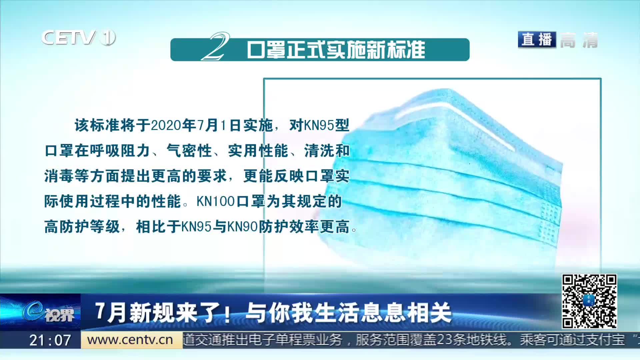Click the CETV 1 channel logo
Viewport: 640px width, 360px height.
coord(79,37)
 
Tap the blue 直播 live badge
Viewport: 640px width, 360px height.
coord(537,40)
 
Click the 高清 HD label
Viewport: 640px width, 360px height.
coord(579,40)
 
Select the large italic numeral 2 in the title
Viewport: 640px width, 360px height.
coord(216,46)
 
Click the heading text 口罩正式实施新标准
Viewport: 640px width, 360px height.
coord(336,50)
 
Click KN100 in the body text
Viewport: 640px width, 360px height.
coord(216,202)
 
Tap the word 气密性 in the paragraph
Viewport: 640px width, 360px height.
coord(189,151)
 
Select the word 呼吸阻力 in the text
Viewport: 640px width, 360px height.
coord(120,151)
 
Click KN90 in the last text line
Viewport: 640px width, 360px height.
coord(243,227)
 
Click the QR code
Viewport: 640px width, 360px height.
coord(589,301)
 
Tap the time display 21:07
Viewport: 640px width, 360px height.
coord(50,340)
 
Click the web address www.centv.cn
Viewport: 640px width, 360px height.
coord(130,340)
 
